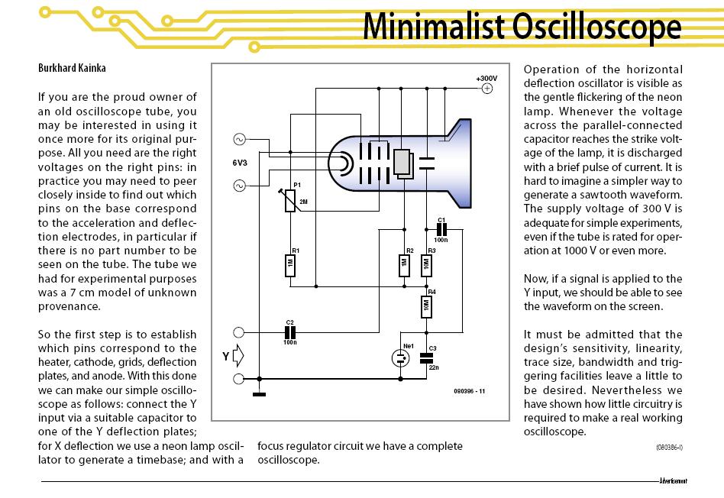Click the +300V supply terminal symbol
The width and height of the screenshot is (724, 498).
(x=487, y=89)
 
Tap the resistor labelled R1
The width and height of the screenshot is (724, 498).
(x=290, y=266)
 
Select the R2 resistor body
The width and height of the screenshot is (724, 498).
(x=404, y=266)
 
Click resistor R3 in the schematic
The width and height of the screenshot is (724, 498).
(x=426, y=266)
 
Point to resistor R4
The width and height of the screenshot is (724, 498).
(x=426, y=306)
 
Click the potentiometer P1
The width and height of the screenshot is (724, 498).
(x=289, y=200)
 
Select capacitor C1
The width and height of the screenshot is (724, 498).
(x=441, y=229)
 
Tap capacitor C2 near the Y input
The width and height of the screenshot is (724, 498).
(x=290, y=332)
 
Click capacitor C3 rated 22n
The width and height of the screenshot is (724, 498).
(x=427, y=358)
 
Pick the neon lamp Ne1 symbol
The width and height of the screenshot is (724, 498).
(x=400, y=358)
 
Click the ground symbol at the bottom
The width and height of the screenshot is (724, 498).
(x=259, y=394)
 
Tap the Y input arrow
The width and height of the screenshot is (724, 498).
(x=238, y=356)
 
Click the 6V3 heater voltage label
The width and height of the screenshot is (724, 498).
(x=240, y=163)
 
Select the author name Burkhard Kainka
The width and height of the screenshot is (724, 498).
(x=72, y=68)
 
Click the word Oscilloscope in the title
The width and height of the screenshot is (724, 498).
(x=596, y=27)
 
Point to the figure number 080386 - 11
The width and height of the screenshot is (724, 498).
(x=469, y=391)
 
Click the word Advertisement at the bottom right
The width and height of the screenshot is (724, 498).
(x=673, y=481)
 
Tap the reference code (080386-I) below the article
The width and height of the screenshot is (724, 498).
(x=669, y=447)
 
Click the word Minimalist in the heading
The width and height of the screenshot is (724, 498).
(x=434, y=27)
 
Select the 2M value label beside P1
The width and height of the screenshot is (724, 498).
(x=303, y=202)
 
